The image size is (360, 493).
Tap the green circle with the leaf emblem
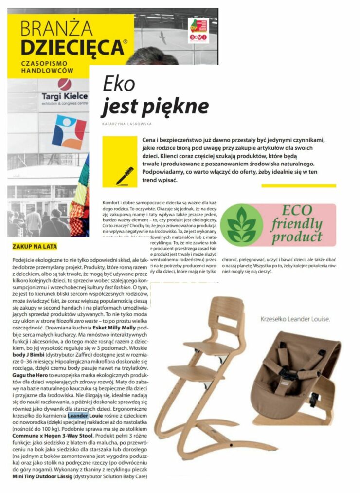tap(241, 224)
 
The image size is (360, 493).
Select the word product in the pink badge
tap(297, 237)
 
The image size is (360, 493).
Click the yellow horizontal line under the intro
tap(298, 185)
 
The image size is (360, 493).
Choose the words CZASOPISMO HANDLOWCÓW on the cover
tap(46, 68)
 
